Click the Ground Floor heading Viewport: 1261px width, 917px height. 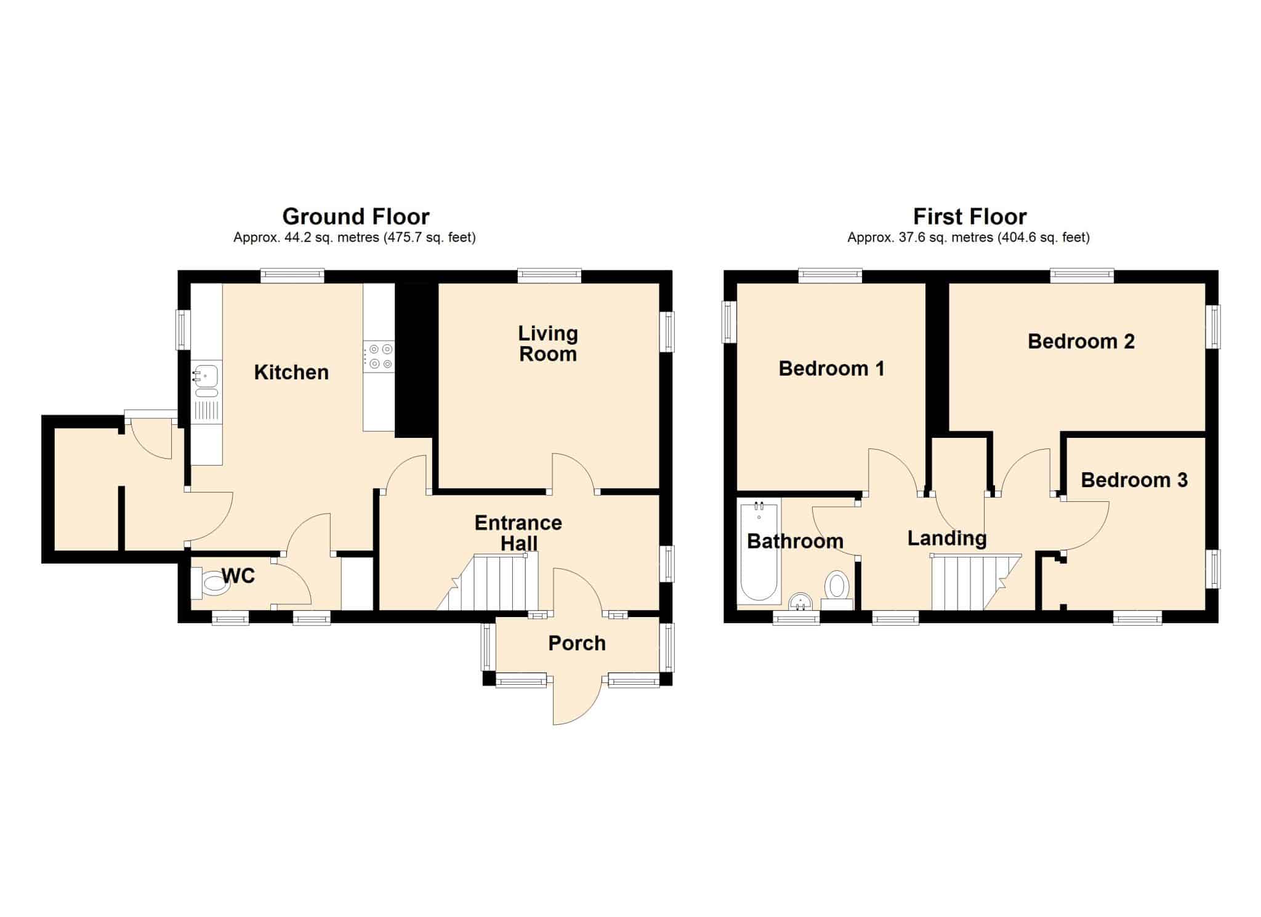pos(356,217)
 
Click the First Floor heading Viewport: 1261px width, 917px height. pos(970,217)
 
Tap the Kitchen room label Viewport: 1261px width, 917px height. pos(291,373)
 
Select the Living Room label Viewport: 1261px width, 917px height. pos(548,344)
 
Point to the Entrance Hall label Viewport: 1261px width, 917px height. pos(518,533)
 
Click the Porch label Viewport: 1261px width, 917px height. pos(577,644)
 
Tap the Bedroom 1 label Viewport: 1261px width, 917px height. pos(831,368)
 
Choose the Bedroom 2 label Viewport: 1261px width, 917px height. pos(1081,341)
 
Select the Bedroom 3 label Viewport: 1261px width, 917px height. pos(1134,480)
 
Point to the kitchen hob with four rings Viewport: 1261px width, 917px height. pos(379,357)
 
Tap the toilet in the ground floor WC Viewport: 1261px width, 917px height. pos(210,583)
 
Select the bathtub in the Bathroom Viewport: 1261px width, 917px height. pos(759,552)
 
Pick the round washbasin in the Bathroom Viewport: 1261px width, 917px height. pos(800,602)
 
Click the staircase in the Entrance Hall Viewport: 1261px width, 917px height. pos(488,582)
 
